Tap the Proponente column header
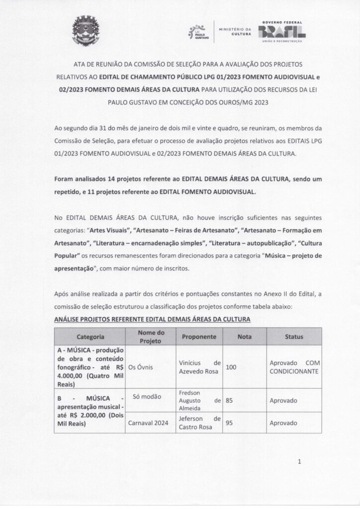pos(198,337)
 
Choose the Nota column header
pos(244,337)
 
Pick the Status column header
pos(294,337)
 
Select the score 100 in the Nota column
pos(232,367)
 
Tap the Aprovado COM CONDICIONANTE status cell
pos(294,367)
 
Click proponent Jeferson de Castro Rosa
pos(199,423)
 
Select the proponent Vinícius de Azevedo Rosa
pos(199,367)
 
